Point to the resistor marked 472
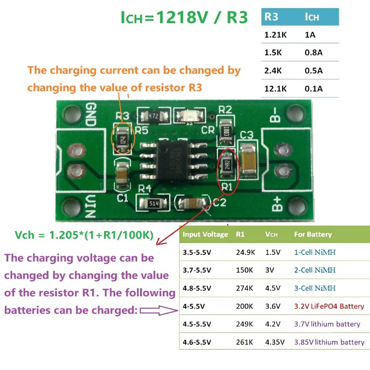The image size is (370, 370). coord(153,116)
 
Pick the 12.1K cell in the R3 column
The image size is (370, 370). coord(274,88)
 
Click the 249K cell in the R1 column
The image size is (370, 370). coord(245,324)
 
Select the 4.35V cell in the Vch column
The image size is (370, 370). coord(275,342)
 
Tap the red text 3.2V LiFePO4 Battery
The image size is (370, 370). coord(329,306)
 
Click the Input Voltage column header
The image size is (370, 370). coord(205,234)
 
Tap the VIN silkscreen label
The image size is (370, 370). coord(91,206)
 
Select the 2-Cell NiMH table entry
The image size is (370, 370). coord(315,270)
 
